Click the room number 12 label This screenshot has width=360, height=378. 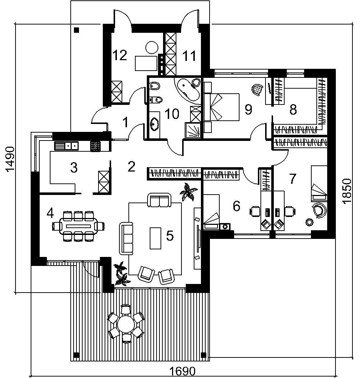(x=119, y=55)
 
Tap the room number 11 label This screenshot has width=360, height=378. (x=189, y=56)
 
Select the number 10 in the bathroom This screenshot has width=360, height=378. (x=172, y=114)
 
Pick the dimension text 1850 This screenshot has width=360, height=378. (x=347, y=191)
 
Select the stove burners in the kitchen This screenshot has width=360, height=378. (x=96, y=146)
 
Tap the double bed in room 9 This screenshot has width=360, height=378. (x=221, y=107)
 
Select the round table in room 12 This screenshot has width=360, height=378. (x=152, y=47)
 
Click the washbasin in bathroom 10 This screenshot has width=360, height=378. (x=155, y=124)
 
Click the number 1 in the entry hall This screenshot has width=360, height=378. (x=125, y=123)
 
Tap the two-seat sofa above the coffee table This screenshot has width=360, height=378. (x=159, y=200)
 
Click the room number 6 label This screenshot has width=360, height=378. (x=237, y=206)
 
